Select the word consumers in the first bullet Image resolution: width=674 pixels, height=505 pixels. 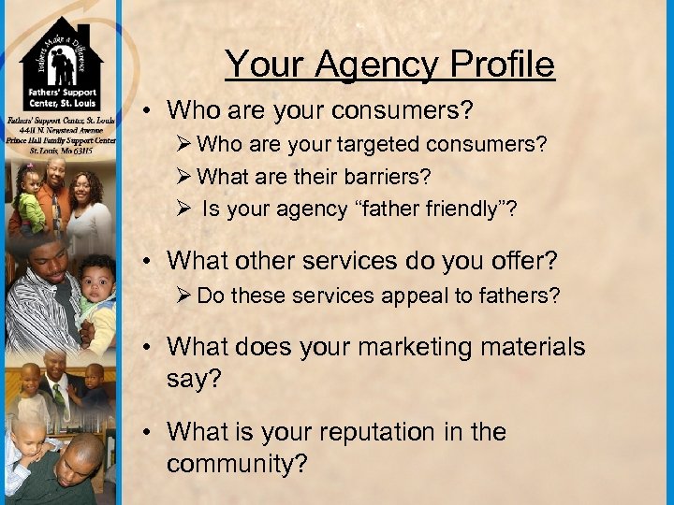coord(407,110)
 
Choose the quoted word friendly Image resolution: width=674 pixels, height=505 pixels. coord(449,208)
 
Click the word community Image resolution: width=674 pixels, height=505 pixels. coord(237,464)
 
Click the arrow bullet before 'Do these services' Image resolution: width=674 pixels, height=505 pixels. coord(183,296)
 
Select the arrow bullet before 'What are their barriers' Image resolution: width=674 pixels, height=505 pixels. coord(183,176)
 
